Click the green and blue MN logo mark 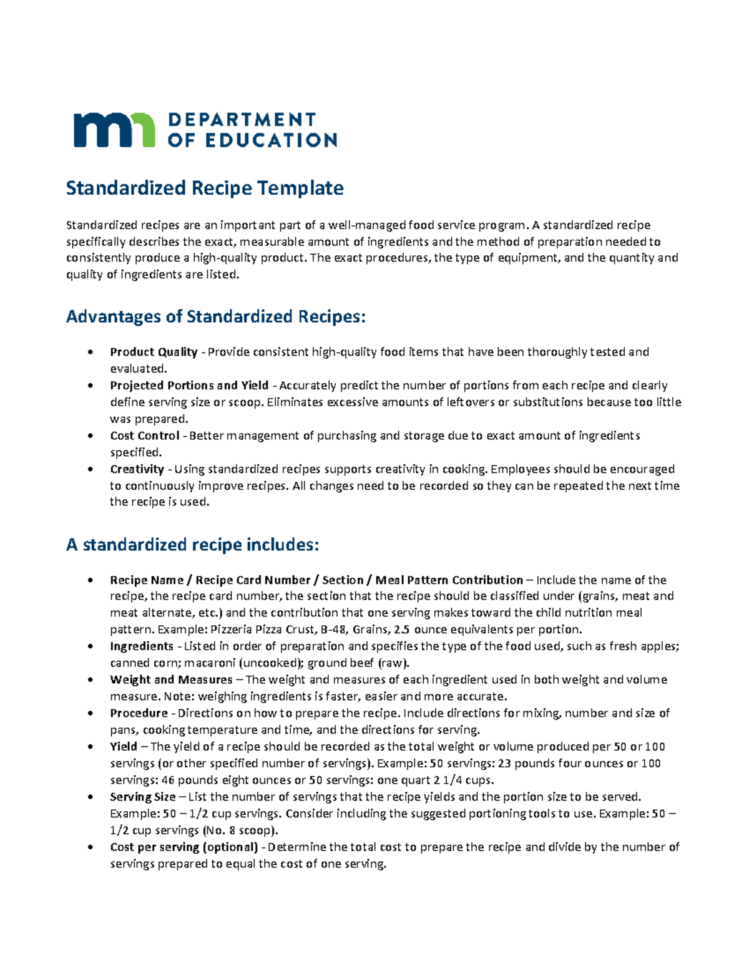pos(114,130)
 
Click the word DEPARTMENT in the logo pos(242,120)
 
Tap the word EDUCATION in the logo pos(269,140)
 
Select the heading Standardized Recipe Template pos(205,188)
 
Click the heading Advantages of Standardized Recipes pos(215,317)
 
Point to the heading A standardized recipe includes pos(192,545)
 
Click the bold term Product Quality pos(154,352)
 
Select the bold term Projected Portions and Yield pos(189,386)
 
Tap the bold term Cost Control pos(145,436)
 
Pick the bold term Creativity pos(137,469)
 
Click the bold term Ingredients pos(142,646)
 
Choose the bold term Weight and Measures pos(171,679)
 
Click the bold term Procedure pos(139,713)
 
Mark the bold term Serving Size pos(143,797)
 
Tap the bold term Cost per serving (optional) pos(184,847)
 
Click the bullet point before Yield pos(91,747)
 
